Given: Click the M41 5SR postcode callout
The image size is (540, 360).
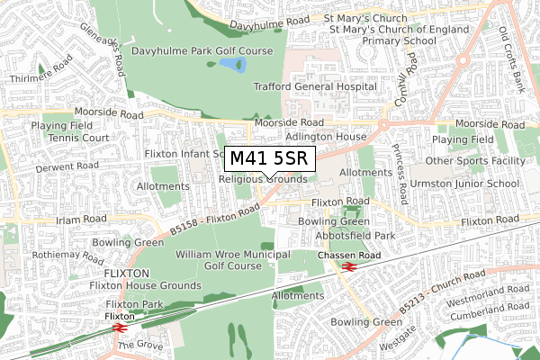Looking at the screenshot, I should [269, 159].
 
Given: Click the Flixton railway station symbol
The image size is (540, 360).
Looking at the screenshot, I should [119, 328].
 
